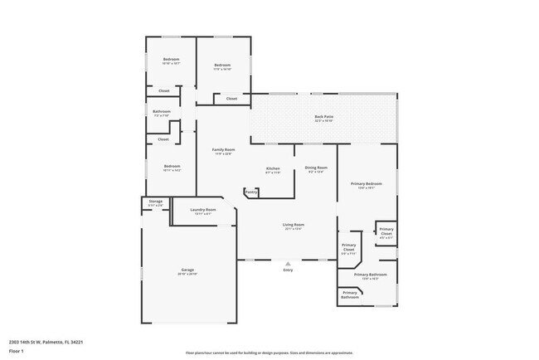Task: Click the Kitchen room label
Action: pos(273,168)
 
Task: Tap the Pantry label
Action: pos(251,192)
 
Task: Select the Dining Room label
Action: pos(316,168)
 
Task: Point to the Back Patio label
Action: pos(323,117)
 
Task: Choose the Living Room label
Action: pos(294,225)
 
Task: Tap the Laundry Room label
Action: pos(203,210)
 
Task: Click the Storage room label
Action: pos(155,202)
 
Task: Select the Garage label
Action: pos(187,270)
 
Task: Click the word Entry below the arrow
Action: pos(288,270)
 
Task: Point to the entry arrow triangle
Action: pos(288,264)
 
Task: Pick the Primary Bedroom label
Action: pos(366,183)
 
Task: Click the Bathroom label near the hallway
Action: pos(162,111)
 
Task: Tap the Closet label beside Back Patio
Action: pos(231,99)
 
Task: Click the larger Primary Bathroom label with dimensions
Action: pos(371,275)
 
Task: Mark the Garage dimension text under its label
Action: pos(187,274)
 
